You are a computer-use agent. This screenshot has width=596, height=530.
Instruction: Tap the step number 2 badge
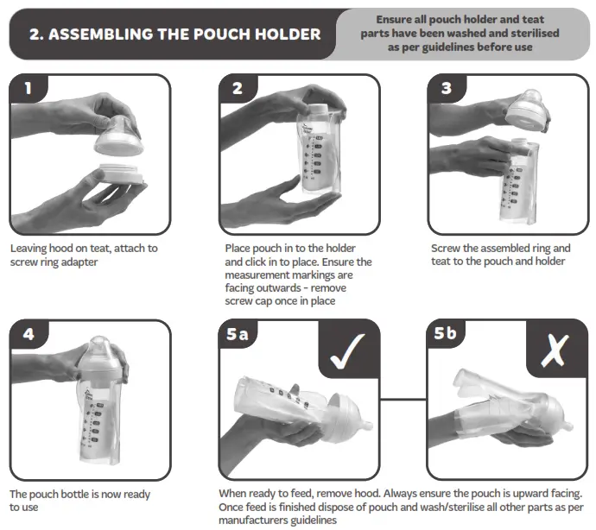click(x=238, y=89)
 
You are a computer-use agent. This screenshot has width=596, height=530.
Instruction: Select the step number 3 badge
click(x=446, y=89)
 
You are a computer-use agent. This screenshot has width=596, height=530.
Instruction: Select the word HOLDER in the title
click(x=288, y=35)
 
